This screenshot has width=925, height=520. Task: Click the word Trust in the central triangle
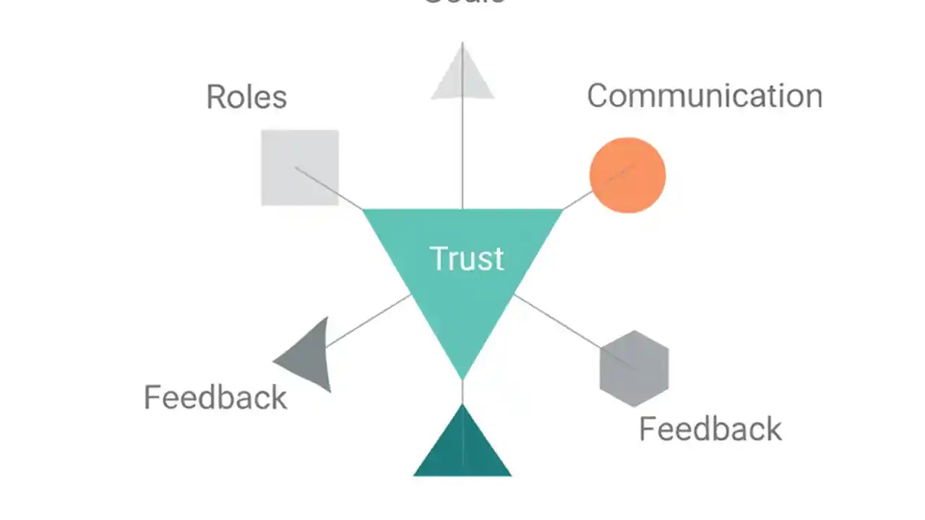click(x=466, y=259)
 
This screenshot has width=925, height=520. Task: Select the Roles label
click(x=246, y=97)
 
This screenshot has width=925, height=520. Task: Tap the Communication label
click(x=705, y=96)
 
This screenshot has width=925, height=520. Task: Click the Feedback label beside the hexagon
click(x=710, y=429)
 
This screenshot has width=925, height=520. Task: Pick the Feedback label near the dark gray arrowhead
click(x=215, y=398)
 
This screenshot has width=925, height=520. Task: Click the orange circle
click(x=627, y=175)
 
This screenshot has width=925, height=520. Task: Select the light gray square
click(x=299, y=168)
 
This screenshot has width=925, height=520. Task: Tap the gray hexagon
click(x=634, y=368)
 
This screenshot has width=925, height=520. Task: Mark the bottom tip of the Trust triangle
click(x=462, y=376)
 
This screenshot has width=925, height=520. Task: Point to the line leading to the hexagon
click(x=556, y=322)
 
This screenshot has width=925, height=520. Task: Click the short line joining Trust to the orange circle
click(x=577, y=201)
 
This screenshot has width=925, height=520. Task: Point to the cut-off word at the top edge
click(x=462, y=2)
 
